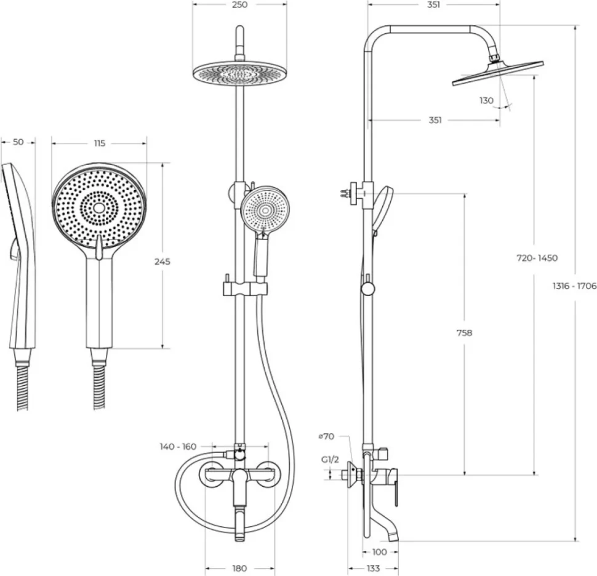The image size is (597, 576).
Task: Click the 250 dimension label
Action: (x=239, y=4)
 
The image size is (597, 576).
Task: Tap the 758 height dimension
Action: (x=464, y=333)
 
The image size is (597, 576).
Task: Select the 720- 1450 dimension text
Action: (x=537, y=258)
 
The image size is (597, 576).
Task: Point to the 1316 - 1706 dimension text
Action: (x=575, y=286)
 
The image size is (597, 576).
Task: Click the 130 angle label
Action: (x=486, y=100)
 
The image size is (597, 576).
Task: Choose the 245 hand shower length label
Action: (x=162, y=262)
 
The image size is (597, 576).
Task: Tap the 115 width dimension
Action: (x=99, y=143)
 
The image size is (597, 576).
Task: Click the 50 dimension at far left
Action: (x=18, y=142)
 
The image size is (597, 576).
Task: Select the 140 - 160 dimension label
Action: (x=178, y=446)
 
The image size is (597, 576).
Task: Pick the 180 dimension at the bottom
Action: (x=239, y=569)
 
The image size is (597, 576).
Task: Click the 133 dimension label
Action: (x=373, y=569)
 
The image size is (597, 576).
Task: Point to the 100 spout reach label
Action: (x=379, y=551)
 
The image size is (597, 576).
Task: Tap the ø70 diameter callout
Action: (x=326, y=436)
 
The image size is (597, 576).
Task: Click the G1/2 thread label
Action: (x=330, y=460)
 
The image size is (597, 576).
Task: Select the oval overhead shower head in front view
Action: (x=239, y=73)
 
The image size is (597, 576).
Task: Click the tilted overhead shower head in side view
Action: (x=498, y=73)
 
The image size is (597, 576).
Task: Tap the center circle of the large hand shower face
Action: (x=99, y=207)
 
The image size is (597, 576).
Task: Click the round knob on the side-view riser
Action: (x=368, y=289)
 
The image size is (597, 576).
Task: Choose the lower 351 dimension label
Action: (x=435, y=120)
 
